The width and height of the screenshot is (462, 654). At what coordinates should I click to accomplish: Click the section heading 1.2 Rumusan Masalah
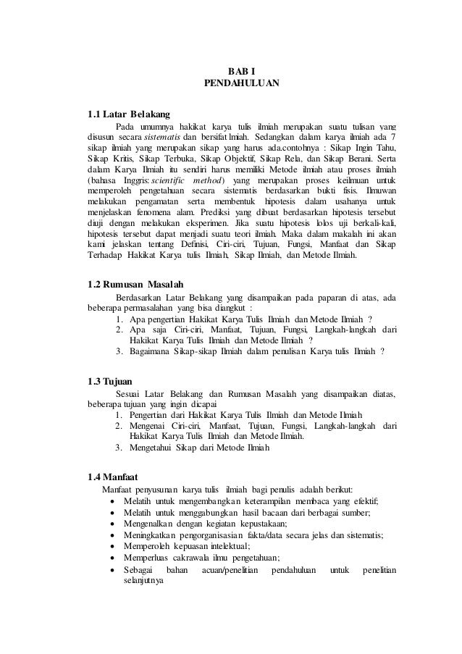coord(135,282)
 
